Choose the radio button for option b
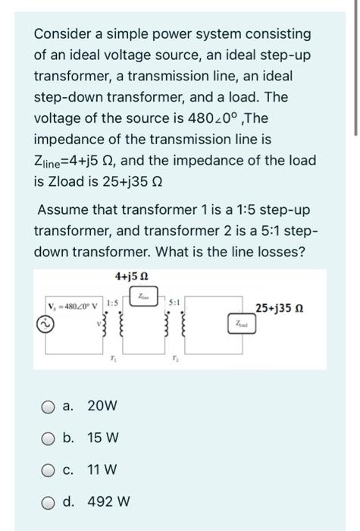[x=45, y=438]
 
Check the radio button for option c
[x=45, y=470]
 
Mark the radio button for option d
[x=45, y=501]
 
